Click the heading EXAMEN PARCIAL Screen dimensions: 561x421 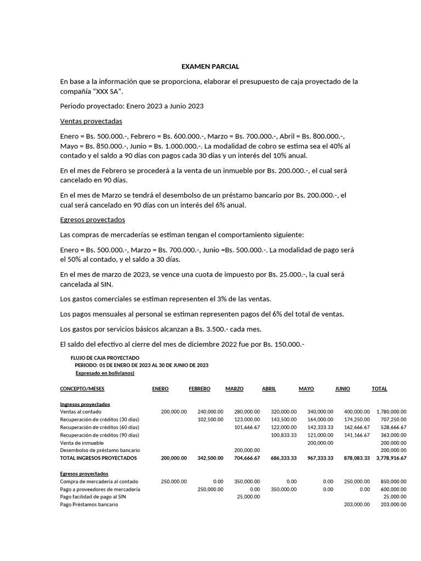[x=210, y=66]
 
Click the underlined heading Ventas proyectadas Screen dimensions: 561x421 [x=91, y=121]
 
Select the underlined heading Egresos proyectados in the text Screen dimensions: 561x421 [x=93, y=220]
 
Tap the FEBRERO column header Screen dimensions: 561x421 [x=200, y=388]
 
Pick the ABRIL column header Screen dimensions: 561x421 [x=269, y=388]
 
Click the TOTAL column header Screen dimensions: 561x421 [x=379, y=388]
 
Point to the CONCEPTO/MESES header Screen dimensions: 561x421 [x=82, y=388]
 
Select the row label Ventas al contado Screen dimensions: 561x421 [x=81, y=411]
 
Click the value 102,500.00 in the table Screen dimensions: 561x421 [x=210, y=419]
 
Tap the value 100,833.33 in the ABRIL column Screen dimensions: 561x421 [x=283, y=434]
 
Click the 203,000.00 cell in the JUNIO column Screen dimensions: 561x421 [x=356, y=505]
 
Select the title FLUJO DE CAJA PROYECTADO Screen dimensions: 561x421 [x=109, y=358]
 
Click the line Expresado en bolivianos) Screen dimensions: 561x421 [x=105, y=373]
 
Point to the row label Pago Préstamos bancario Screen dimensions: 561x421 [x=89, y=505]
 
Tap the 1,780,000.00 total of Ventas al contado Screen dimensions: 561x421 [x=391, y=411]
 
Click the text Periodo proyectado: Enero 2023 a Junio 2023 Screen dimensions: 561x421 [x=132, y=105]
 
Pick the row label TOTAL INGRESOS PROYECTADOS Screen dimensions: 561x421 [x=99, y=457]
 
